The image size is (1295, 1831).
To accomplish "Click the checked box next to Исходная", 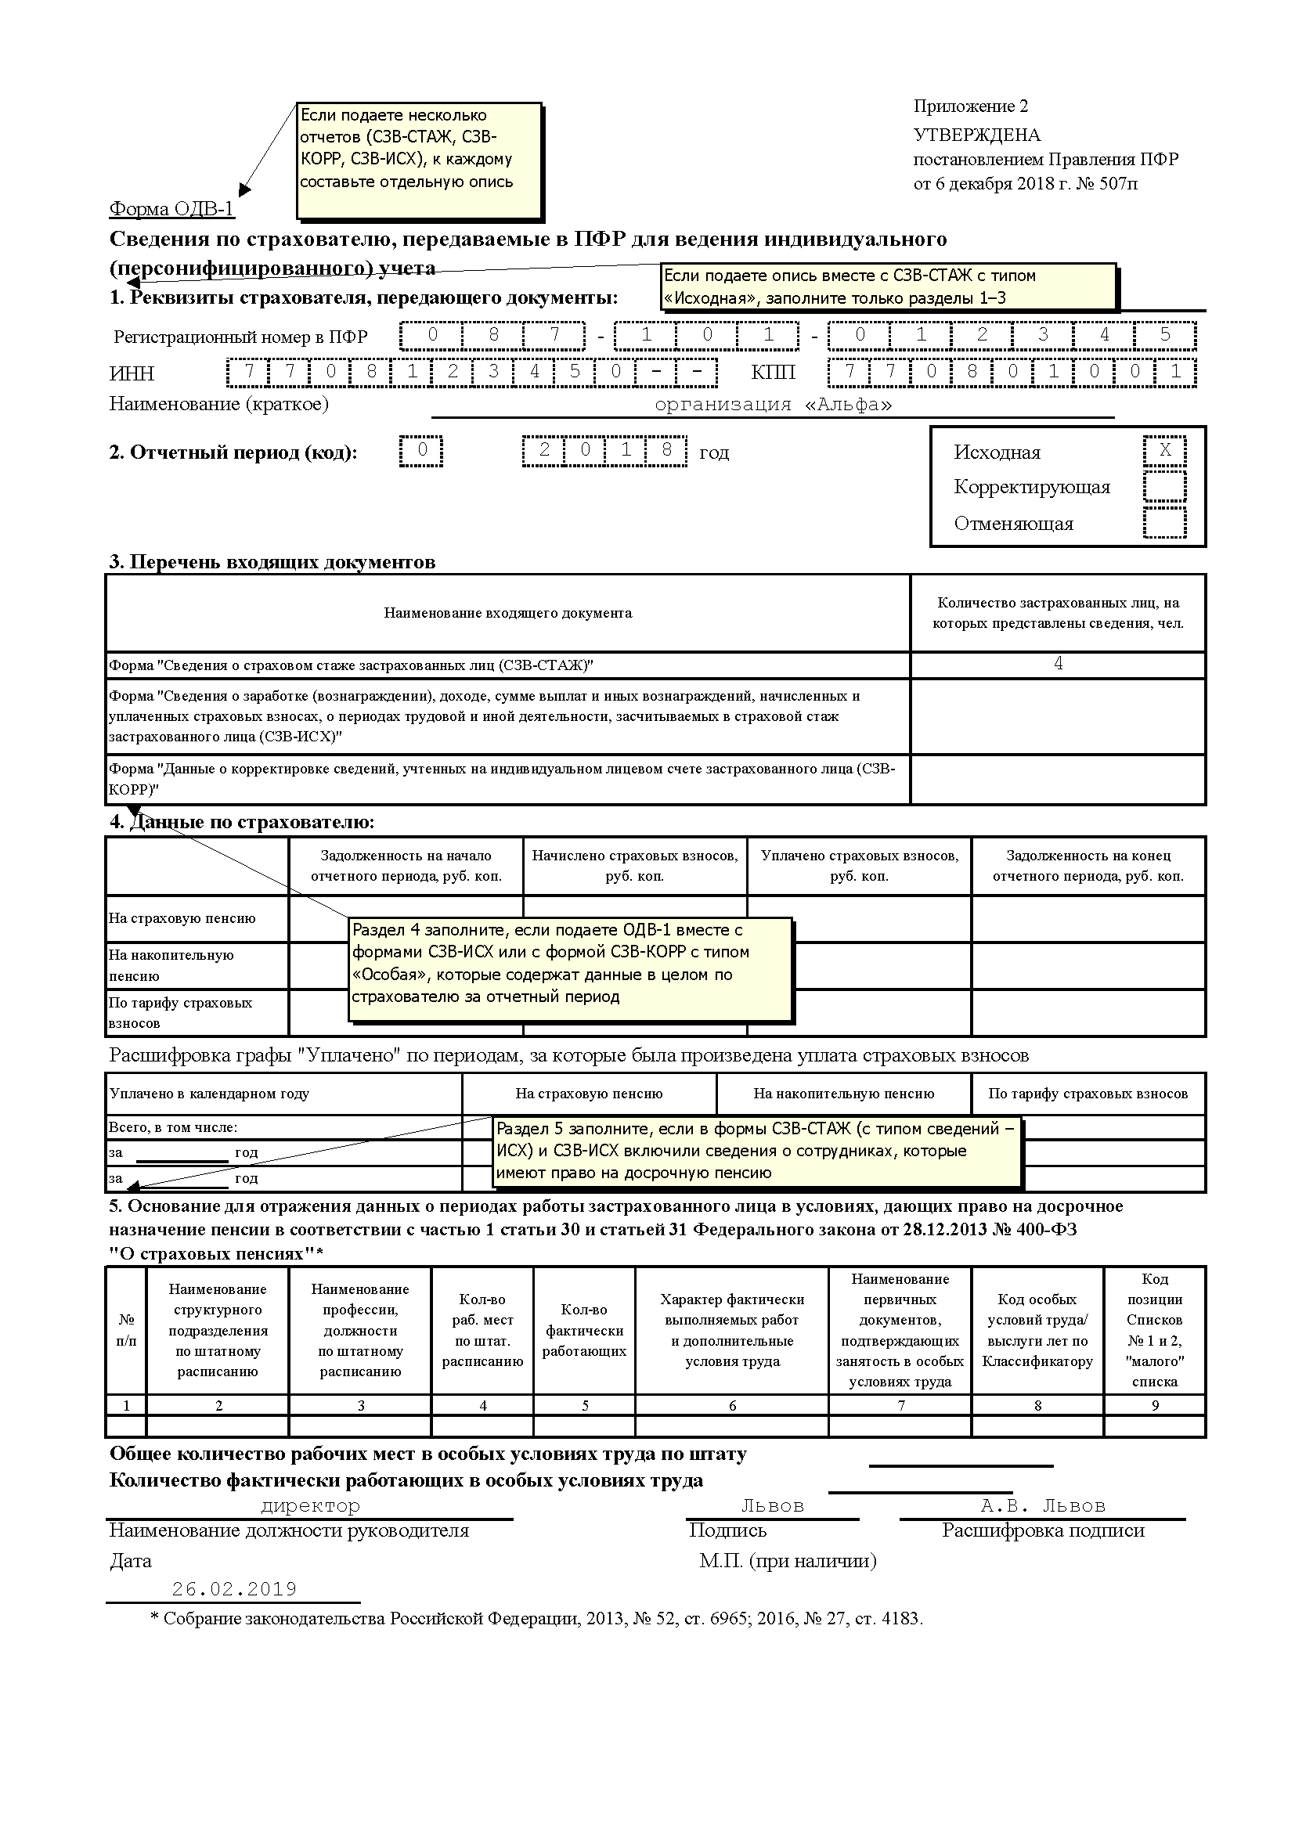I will point(1164,451).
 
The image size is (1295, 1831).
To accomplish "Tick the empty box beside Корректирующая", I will point(1164,486).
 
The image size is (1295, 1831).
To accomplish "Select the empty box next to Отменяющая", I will point(1164,523).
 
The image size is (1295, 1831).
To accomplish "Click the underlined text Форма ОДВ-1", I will point(171,209).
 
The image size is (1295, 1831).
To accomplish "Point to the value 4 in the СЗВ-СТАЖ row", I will point(1059,664).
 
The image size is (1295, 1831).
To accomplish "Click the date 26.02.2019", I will point(234,1589).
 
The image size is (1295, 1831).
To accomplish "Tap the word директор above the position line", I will point(310,1505).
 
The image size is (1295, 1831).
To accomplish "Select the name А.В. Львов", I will point(1043,1505).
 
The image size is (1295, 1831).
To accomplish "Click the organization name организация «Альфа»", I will point(773,404).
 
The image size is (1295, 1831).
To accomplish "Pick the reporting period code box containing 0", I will point(422,451).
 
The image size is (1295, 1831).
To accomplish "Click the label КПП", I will point(773,373).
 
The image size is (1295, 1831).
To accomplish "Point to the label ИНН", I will point(132,373).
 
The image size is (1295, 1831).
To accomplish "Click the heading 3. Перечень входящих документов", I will point(272,562).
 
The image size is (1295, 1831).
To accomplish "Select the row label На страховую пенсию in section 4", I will point(182,918).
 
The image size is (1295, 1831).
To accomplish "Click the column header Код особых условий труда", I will point(1037,1330).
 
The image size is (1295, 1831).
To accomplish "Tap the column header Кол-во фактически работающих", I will point(585,1330).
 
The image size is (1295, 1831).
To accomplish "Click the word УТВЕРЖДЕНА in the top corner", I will point(977,135).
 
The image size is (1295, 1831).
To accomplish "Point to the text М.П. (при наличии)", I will point(788,1561).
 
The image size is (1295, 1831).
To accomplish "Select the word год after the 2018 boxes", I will point(714,453).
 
